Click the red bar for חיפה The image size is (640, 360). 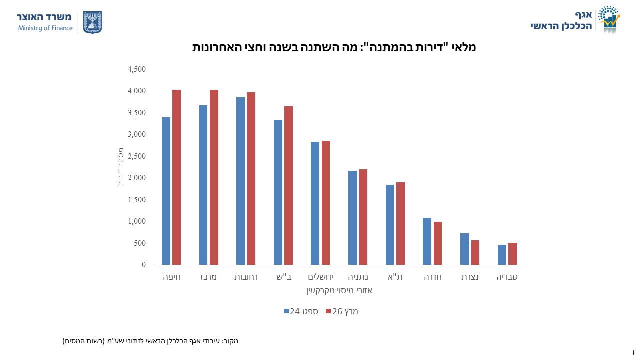tap(176, 177)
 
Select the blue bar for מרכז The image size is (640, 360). tap(203, 185)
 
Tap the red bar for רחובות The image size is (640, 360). tap(251, 179)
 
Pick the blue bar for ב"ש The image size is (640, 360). tap(278, 192)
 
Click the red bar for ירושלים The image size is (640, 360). tap(325, 203)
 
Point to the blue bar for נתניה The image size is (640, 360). tap(352, 218)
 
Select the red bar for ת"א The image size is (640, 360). tap(400, 223)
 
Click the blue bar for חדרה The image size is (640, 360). tap(427, 241)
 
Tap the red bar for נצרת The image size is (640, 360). tap(475, 253)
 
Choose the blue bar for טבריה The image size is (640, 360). tap(501, 255)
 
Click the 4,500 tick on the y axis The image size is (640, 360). tap(137, 69)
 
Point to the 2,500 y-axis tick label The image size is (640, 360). tap(137, 156)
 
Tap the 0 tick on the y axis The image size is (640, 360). tap(144, 265)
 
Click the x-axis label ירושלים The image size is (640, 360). tap(321, 277)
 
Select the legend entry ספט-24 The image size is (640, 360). tap(301, 311)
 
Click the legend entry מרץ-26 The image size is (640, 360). tap(342, 311)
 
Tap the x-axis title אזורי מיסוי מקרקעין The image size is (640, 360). tap(339, 291)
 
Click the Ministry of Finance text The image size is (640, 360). tap(45, 28)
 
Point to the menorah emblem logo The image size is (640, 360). tap(92, 22)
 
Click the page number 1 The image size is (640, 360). tap(633, 353)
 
